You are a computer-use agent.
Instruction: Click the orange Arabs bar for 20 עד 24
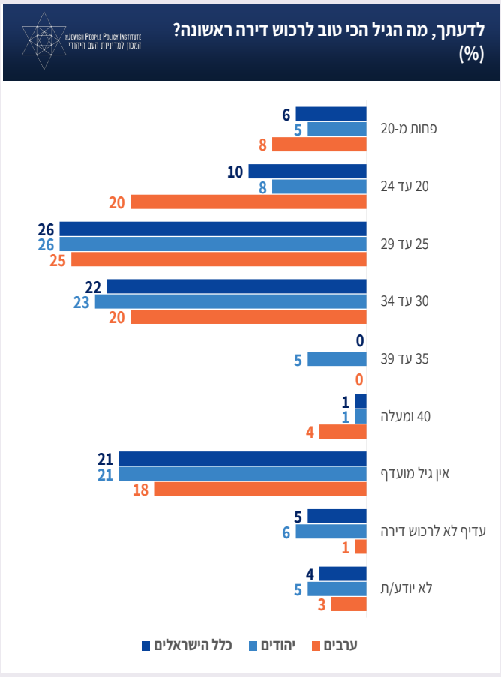[248, 202]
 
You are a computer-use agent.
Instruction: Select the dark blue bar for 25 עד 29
[213, 229]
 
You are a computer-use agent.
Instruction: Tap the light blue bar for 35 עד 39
[337, 359]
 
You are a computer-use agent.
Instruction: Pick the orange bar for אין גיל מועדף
[260, 490]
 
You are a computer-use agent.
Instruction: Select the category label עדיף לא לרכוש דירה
[432, 531]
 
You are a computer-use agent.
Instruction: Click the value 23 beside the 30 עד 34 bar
[82, 302]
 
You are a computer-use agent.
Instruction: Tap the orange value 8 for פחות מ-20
[262, 145]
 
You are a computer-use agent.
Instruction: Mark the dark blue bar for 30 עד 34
[236, 286]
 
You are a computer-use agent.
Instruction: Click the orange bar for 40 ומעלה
[343, 432]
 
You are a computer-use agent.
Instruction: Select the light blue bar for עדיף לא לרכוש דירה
[331, 532]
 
